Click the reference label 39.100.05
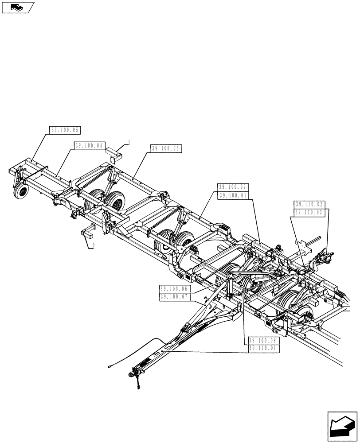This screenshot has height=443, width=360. point(64,130)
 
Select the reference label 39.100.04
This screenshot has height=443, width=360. point(89,145)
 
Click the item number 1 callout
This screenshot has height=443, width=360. point(129,142)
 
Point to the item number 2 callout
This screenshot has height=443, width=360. point(93,245)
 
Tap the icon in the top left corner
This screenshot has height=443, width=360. point(18,7)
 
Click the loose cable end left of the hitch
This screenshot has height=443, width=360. point(108,366)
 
